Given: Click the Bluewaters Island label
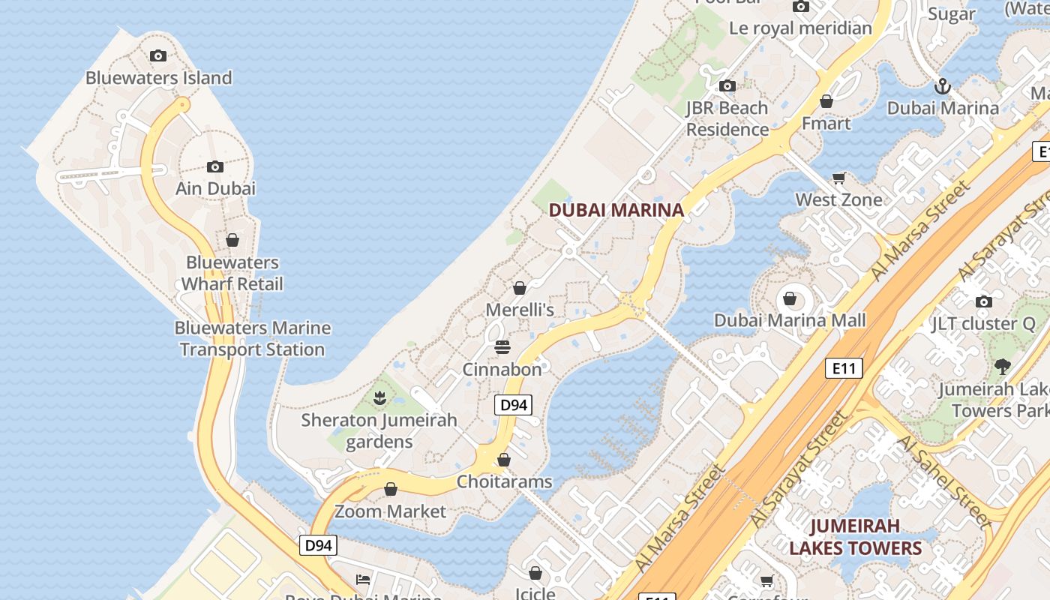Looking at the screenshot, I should [158, 78].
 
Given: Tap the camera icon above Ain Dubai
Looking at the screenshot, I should [215, 166].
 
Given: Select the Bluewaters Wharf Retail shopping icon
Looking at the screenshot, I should [232, 240].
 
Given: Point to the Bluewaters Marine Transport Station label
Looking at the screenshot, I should [252, 339].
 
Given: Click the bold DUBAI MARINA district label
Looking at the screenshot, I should [616, 211].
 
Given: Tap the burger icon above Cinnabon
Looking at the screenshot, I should [502, 347].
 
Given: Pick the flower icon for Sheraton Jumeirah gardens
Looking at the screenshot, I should [379, 397].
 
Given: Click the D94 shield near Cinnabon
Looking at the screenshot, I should [513, 405].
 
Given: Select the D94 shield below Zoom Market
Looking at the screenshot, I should [318, 545].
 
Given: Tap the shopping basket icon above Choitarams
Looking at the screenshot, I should [504, 459].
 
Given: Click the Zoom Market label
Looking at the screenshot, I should [390, 511].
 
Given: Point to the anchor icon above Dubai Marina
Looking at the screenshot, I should [943, 86].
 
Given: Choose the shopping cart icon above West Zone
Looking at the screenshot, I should [838, 178].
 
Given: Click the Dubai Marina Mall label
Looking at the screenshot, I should [790, 321].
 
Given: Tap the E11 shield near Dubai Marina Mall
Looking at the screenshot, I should [844, 368].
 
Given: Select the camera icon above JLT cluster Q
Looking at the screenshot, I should [983, 301].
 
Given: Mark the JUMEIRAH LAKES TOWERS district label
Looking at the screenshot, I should [855, 537].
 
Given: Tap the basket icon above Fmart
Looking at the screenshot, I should [826, 101].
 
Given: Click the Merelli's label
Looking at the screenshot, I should [520, 310].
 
